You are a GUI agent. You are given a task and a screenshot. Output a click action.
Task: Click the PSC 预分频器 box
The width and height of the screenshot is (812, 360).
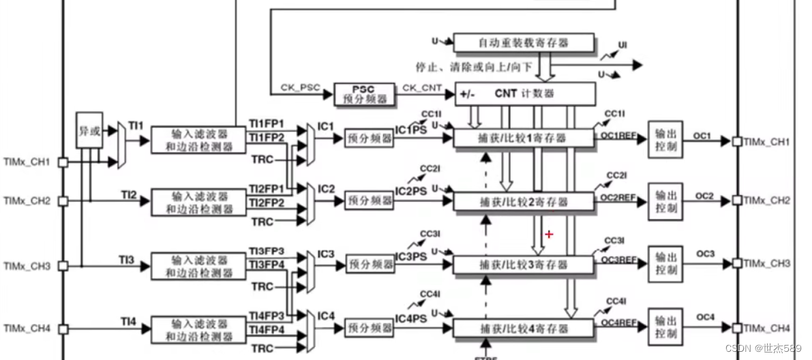(364, 94)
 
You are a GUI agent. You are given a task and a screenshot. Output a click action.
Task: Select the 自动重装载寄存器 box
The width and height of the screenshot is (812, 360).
(523, 43)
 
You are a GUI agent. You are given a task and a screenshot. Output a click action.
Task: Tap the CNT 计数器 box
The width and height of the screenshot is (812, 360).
(525, 93)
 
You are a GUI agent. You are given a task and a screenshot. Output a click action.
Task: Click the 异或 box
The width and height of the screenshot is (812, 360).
(89, 130)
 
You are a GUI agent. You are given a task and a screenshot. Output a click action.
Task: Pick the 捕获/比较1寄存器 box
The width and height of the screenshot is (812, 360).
(523, 138)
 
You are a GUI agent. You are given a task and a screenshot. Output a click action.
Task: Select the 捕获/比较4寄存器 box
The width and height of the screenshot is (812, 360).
(523, 329)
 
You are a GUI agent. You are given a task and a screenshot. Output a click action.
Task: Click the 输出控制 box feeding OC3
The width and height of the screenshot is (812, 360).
(665, 264)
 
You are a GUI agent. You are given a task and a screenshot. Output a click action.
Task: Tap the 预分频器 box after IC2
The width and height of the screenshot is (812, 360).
(370, 200)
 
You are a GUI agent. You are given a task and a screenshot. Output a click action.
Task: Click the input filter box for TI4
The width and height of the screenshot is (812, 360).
(198, 329)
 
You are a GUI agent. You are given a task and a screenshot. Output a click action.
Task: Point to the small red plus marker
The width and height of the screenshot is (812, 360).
(549, 235)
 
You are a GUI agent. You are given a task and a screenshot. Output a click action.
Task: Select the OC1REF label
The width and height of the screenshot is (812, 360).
(618, 136)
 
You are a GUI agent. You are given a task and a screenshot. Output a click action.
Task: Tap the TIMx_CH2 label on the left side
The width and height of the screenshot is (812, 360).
(28, 201)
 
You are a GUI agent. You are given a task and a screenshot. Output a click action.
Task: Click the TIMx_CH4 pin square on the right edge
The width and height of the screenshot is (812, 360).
(737, 327)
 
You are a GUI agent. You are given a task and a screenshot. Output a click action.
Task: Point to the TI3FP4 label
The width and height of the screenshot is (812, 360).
(266, 265)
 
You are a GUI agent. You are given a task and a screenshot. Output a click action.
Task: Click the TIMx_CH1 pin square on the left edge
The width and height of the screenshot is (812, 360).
(62, 163)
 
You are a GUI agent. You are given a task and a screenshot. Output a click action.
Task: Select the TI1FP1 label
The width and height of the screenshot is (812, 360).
(266, 124)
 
